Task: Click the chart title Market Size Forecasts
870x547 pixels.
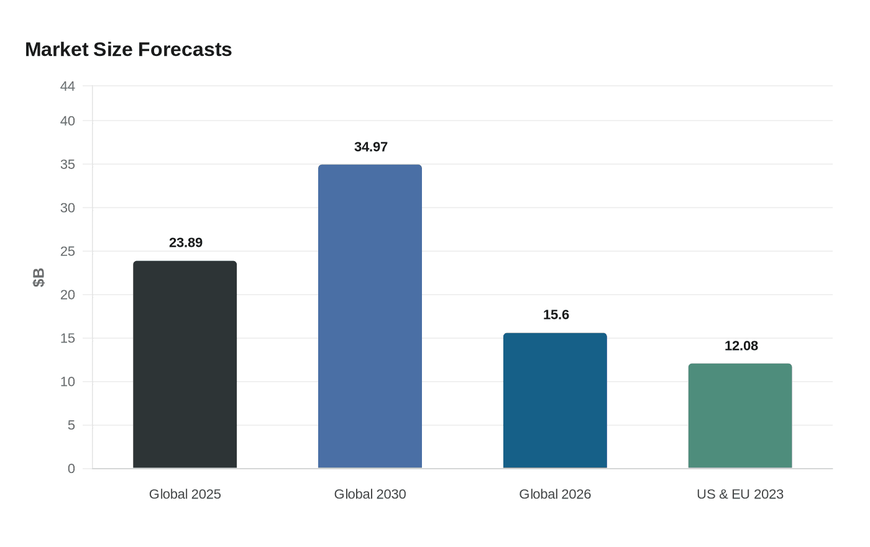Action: click(x=128, y=49)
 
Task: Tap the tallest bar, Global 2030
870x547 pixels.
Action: click(x=370, y=316)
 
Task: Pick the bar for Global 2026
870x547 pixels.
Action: click(x=555, y=400)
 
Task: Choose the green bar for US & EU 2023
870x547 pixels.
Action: click(x=740, y=416)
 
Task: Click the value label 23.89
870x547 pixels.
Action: click(x=186, y=242)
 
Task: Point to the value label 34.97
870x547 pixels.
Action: click(x=371, y=147)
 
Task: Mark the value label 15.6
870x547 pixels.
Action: click(x=556, y=315)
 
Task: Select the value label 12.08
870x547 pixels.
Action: click(x=741, y=346)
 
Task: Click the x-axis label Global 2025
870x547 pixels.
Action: click(x=185, y=494)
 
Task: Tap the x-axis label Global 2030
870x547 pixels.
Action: click(x=370, y=494)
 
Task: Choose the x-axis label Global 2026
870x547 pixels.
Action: click(x=555, y=494)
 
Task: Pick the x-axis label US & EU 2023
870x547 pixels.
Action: click(x=740, y=494)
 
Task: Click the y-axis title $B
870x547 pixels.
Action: click(x=39, y=277)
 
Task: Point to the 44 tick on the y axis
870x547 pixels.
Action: click(x=67, y=86)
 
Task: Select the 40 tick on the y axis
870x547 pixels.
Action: click(x=67, y=121)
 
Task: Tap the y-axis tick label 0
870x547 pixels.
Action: click(x=71, y=469)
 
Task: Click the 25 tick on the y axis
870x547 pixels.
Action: click(x=67, y=252)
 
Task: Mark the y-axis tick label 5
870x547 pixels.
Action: click(x=71, y=425)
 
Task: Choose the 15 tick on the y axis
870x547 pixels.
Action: click(x=67, y=338)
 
